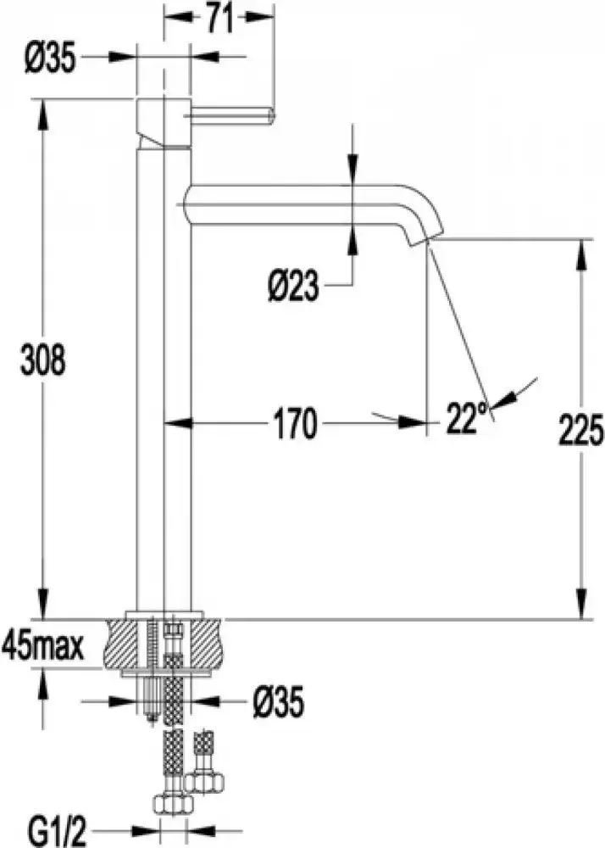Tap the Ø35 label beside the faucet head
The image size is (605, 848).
tap(52, 59)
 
